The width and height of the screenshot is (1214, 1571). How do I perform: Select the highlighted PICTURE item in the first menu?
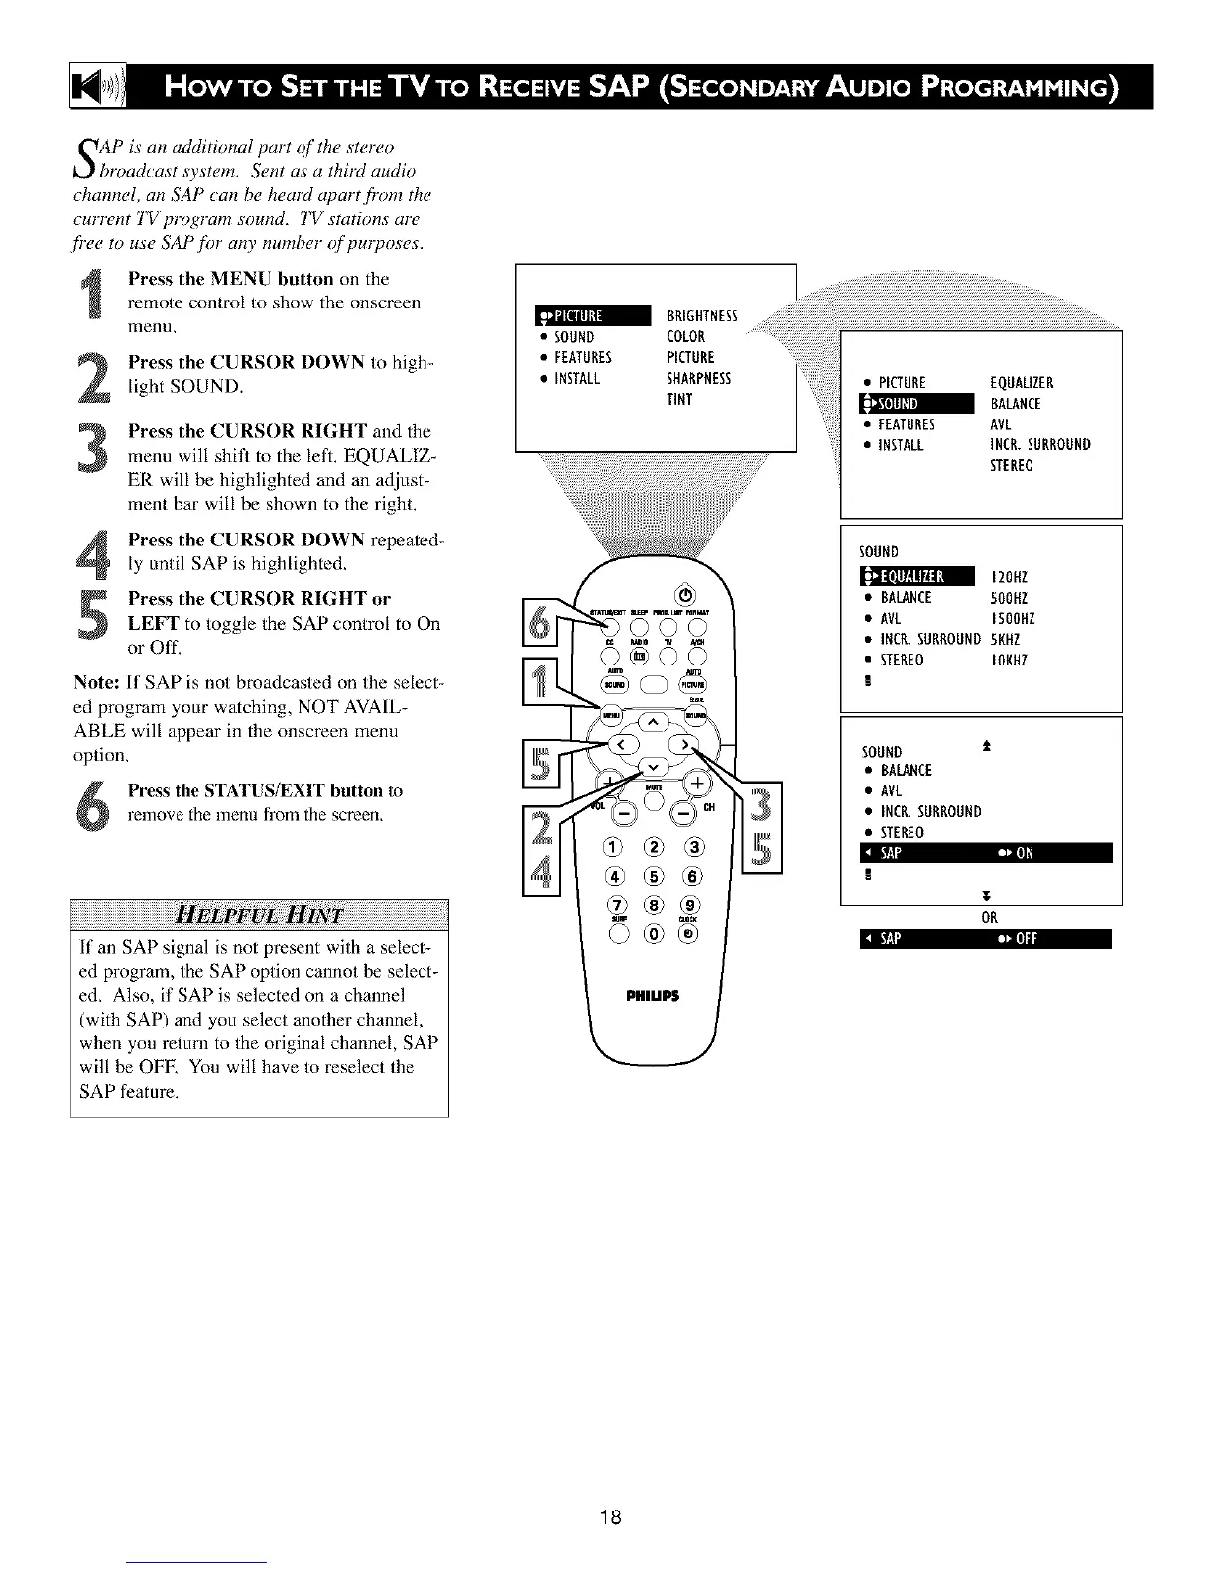pyautogui.click(x=591, y=316)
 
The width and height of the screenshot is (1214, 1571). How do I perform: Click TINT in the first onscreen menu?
pyautogui.click(x=680, y=400)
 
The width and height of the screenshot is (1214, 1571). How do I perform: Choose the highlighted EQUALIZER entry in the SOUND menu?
pyautogui.click(x=918, y=578)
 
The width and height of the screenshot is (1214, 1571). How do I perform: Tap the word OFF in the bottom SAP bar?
pyautogui.click(x=1026, y=940)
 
